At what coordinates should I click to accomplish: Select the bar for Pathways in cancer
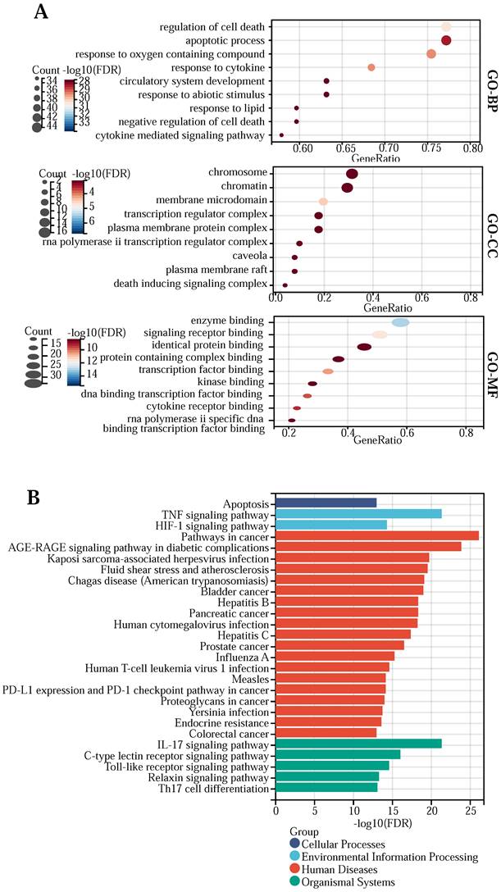coord(376,535)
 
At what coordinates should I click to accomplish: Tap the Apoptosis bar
coord(326,502)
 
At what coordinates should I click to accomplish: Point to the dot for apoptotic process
coord(446,40)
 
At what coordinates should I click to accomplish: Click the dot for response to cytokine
coord(371,67)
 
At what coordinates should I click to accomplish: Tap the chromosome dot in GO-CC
coord(352,174)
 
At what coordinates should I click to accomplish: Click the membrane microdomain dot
coord(323,202)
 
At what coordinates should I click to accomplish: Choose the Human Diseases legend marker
coord(294,870)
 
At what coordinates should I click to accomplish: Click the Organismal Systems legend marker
coord(294,882)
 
